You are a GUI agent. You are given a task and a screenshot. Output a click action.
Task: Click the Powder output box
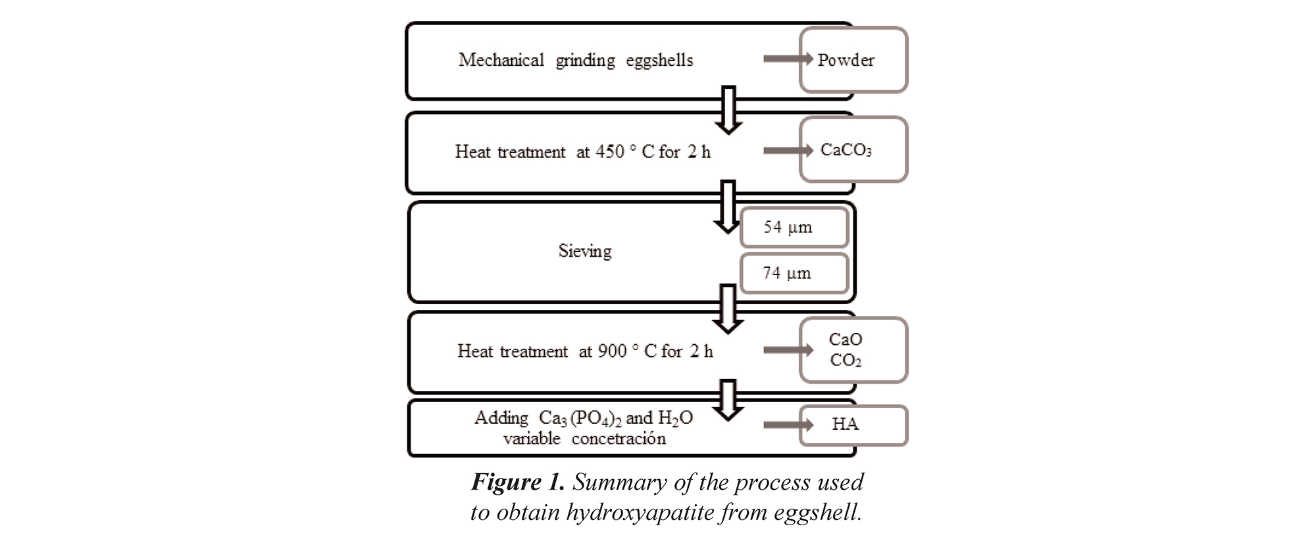click(853, 60)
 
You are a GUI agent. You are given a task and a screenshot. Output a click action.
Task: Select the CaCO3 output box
click(853, 150)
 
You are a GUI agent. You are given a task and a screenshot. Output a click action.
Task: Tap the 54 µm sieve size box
click(794, 228)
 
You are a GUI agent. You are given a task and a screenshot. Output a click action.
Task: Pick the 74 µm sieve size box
click(794, 273)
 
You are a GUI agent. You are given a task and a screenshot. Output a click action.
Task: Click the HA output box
click(853, 425)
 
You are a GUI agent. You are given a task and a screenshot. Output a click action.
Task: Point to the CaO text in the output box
click(846, 340)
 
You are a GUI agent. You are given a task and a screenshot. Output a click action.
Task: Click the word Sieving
click(585, 251)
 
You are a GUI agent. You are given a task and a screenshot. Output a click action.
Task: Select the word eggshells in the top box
click(659, 61)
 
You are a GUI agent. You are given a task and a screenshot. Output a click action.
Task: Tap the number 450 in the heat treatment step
click(610, 152)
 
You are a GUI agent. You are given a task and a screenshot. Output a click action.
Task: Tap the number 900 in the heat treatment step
click(612, 351)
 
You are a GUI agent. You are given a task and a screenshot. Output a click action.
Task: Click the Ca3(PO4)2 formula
click(580, 419)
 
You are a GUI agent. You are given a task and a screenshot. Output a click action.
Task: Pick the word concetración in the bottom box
click(619, 439)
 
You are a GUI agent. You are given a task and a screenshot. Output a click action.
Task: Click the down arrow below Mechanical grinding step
click(728, 109)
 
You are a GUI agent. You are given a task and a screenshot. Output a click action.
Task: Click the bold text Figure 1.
click(518, 482)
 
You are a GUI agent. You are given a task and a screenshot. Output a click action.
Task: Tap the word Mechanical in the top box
click(501, 61)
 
